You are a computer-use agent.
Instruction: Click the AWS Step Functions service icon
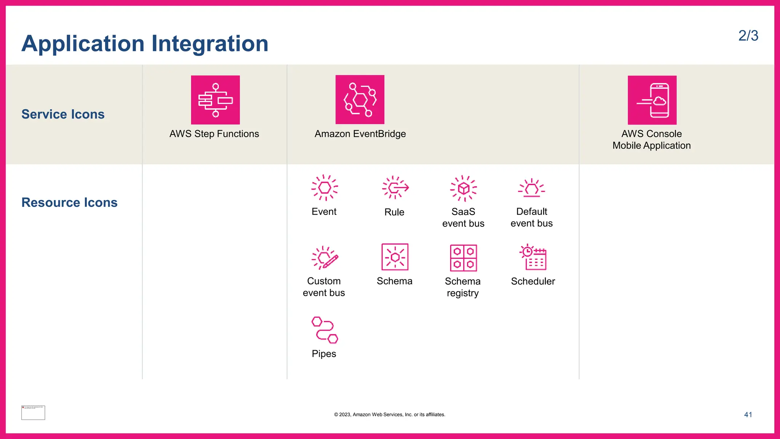pyautogui.click(x=215, y=100)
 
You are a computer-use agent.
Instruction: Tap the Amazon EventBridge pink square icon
pyautogui.click(x=360, y=99)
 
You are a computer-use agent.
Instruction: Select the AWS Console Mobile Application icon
pyautogui.click(x=652, y=100)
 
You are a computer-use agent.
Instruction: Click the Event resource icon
pyautogui.click(x=324, y=187)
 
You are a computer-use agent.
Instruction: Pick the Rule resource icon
pyautogui.click(x=395, y=187)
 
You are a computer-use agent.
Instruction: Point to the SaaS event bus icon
pyautogui.click(x=463, y=188)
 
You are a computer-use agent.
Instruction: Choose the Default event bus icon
pyautogui.click(x=532, y=188)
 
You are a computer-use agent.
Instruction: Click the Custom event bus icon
pyautogui.click(x=324, y=258)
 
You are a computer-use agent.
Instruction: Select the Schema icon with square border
pyautogui.click(x=395, y=257)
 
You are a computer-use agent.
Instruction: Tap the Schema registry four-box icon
pyautogui.click(x=463, y=258)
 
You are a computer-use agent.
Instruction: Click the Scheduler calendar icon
pyautogui.click(x=533, y=257)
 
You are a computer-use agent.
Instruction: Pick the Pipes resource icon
pyautogui.click(x=324, y=330)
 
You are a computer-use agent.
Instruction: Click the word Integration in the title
pyautogui.click(x=210, y=43)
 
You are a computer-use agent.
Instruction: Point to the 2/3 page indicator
pyautogui.click(x=748, y=36)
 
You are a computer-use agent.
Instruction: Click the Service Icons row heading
pyautogui.click(x=63, y=114)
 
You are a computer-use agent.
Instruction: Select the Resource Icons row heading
pyautogui.click(x=69, y=202)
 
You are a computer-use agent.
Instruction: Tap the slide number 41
pyautogui.click(x=748, y=415)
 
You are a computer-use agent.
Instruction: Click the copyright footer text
pyautogui.click(x=390, y=415)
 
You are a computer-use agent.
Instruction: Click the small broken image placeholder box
pyautogui.click(x=33, y=413)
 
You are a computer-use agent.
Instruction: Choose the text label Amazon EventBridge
pyautogui.click(x=360, y=134)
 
